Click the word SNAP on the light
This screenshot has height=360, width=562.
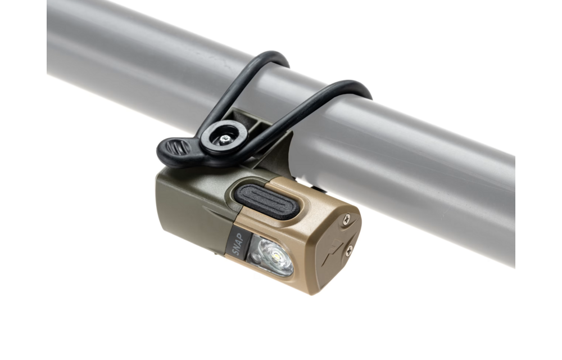[238, 244]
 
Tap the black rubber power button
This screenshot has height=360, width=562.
[267, 201]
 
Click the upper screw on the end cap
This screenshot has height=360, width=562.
[347, 219]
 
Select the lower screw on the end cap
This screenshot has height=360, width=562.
[349, 250]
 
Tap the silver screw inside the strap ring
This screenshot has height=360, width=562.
[225, 138]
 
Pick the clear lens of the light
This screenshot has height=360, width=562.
[271, 255]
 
